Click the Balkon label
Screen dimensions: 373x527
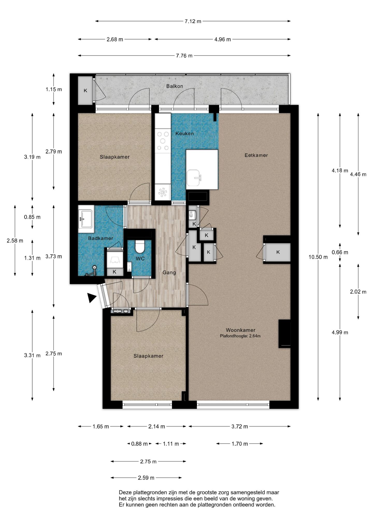click(175, 86)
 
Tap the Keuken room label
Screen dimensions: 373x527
click(185, 134)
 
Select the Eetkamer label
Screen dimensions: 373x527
click(256, 155)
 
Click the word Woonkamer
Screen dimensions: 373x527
click(241, 330)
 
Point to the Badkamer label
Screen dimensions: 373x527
click(101, 238)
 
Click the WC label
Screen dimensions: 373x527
click(140, 258)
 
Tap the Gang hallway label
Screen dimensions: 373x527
click(169, 273)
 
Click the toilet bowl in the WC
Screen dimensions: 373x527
click(140, 247)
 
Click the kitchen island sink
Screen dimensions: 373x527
click(193, 178)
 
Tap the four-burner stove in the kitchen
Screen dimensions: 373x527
click(163, 141)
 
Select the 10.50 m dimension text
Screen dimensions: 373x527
click(318, 257)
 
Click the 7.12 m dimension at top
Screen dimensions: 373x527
click(193, 21)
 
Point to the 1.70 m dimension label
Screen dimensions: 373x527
click(240, 444)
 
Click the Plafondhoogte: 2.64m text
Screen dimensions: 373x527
click(240, 336)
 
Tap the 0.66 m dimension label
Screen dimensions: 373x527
click(340, 252)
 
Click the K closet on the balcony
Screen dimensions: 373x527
click(85, 91)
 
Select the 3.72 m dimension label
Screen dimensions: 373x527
click(240, 427)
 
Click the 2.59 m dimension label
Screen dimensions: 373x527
click(146, 478)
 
